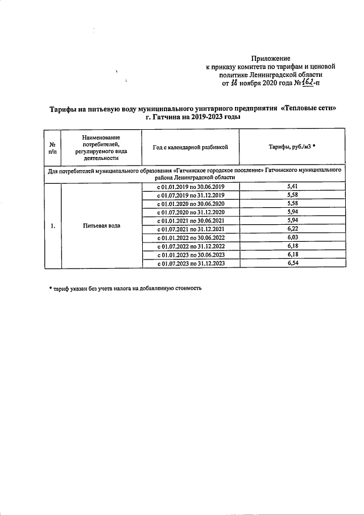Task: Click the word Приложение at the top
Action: [271, 59]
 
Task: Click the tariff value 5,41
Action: [293, 187]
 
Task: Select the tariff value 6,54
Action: [293, 263]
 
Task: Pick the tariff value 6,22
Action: [293, 229]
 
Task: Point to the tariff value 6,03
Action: [293, 238]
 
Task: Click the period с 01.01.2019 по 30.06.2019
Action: [191, 187]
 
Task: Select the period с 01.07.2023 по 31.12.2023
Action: [191, 263]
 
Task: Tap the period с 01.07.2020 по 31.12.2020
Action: [191, 212]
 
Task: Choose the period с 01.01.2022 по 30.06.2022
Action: [191, 238]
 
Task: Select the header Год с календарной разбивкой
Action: [191, 147]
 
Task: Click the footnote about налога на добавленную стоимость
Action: [125, 288]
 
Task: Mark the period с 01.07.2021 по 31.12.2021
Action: [191, 229]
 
